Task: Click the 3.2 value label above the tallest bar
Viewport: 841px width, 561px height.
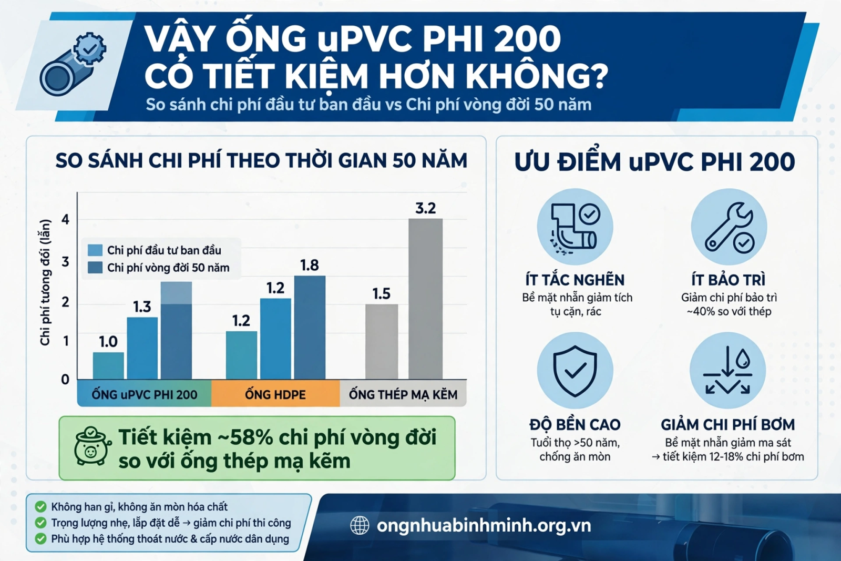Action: pos(425,208)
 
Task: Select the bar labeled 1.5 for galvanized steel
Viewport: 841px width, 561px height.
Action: pos(382,341)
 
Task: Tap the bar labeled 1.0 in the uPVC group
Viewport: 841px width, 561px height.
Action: pos(108,365)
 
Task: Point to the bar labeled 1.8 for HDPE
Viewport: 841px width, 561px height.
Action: pos(310,328)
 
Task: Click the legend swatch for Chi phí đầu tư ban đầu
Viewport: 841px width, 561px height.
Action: pos(95,250)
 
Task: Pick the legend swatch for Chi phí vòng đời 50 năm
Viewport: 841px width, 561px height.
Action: pos(95,268)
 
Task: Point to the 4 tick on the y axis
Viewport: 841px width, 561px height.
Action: pos(66,219)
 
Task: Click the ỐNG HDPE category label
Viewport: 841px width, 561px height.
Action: pos(275,395)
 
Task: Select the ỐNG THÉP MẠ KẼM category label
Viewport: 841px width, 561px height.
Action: pos(403,395)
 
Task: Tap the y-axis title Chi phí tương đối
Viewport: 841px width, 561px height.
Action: pos(45,282)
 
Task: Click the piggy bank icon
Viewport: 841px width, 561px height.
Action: pos(91,446)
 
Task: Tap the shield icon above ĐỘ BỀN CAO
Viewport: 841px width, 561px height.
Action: pos(575,371)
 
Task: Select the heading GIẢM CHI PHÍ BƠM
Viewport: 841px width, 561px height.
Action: pos(728,425)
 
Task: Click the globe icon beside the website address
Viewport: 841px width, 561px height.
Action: pos(360,525)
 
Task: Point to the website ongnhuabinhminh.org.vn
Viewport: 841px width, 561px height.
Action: pos(484,526)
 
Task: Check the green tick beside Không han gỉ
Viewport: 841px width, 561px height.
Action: pos(40,506)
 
